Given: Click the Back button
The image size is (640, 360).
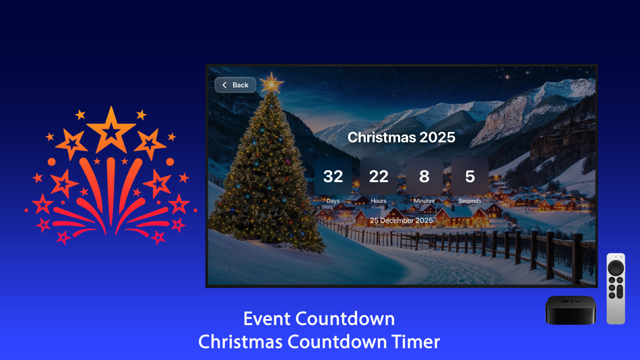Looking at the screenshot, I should tap(236, 85).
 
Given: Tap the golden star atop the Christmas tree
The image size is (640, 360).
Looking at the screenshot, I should tap(271, 84).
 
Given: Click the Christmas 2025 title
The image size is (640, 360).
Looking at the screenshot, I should tap(401, 138).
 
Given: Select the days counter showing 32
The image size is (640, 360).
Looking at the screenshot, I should tap(333, 177).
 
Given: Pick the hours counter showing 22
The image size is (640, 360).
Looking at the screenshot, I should tap(379, 177).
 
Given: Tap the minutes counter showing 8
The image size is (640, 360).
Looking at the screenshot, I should tap(424, 177).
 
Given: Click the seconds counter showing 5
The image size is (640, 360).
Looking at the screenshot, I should tap(470, 177).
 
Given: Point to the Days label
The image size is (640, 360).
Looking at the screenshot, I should tap(333, 201).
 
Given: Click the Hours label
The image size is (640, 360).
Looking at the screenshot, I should tap(379, 201).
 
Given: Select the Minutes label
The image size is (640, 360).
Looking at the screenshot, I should tap(424, 201).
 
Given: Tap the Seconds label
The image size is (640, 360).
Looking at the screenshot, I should tap(470, 201).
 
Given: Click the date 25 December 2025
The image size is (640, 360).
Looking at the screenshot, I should tap(401, 220).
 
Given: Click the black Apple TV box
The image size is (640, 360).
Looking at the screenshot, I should tap(571, 309).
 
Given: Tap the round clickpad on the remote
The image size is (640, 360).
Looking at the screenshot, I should tap(616, 268).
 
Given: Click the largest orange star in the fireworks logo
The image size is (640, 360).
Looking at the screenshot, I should tap(111, 129).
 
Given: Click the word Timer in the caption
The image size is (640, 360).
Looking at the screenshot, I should tap(413, 342).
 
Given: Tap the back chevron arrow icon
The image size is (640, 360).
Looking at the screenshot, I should tap(225, 85).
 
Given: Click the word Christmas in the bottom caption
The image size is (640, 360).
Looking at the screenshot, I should tap(241, 342).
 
